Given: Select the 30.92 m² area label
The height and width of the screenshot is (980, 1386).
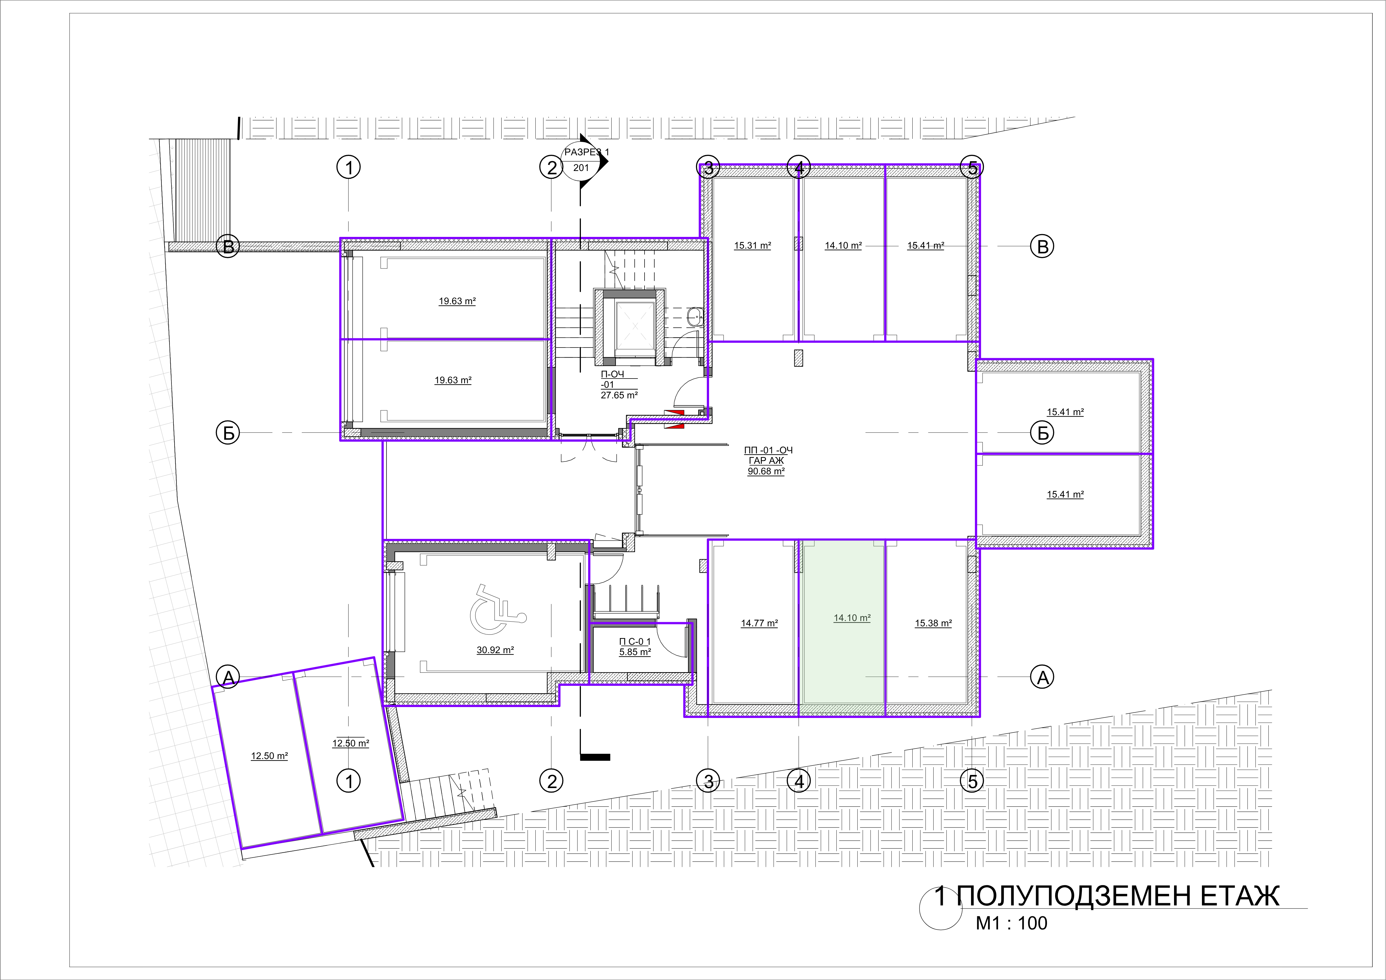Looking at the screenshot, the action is coord(495,650).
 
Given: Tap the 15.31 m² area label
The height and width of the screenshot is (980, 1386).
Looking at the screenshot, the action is coord(753,246).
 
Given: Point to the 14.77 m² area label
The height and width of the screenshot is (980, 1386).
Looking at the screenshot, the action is coord(759,623).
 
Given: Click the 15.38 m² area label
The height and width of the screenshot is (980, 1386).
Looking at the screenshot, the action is coord(933,623).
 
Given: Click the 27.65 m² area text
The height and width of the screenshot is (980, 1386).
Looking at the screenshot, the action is coord(619,395).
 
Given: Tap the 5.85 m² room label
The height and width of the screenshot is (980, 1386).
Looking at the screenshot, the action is coord(635,652).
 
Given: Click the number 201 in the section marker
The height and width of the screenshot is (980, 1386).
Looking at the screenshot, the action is coord(581,168).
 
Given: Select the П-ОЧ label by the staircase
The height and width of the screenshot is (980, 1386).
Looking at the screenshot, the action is coord(612,374).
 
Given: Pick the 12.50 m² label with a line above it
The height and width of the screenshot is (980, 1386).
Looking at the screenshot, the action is coord(351,743).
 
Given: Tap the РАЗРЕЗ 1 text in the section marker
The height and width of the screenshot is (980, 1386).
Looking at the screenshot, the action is coord(586,152).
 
